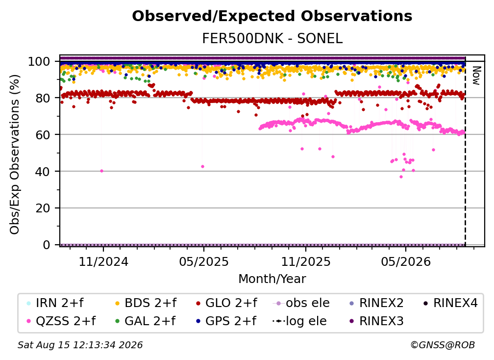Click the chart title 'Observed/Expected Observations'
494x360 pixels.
(272, 16)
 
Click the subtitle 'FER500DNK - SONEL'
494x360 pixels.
(272, 39)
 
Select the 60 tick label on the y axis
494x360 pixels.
(43, 134)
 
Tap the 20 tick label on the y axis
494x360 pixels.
(43, 208)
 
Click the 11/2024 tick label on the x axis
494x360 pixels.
(103, 261)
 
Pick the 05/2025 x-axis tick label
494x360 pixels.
(204, 261)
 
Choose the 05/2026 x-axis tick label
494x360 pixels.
(406, 261)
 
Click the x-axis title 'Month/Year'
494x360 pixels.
(272, 279)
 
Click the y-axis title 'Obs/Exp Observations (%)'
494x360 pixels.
(15, 154)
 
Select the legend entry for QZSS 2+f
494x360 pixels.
(61, 321)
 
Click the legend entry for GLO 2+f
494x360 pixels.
(226, 303)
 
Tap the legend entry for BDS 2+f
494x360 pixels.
(146, 303)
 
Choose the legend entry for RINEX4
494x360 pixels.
(450, 303)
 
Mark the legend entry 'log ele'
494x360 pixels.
(299, 321)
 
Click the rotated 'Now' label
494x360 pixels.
(476, 76)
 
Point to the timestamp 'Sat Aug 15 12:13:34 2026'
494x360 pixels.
(80, 345)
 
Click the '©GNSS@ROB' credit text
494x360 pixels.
(443, 345)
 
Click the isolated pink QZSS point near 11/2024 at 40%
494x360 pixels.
(101, 171)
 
